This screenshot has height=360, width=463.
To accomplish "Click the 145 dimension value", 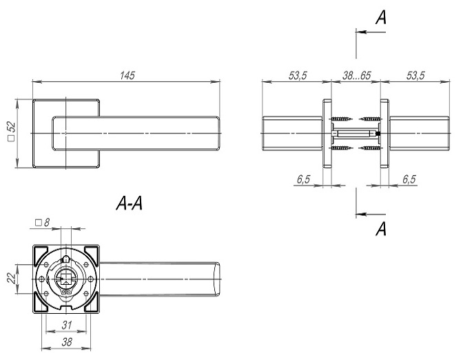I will coord(125,74).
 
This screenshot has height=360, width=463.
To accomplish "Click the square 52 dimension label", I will coord(11,133).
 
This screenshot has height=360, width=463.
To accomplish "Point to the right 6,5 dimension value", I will coord(409,179).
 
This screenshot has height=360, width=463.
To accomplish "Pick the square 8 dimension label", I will coord(42,223).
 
